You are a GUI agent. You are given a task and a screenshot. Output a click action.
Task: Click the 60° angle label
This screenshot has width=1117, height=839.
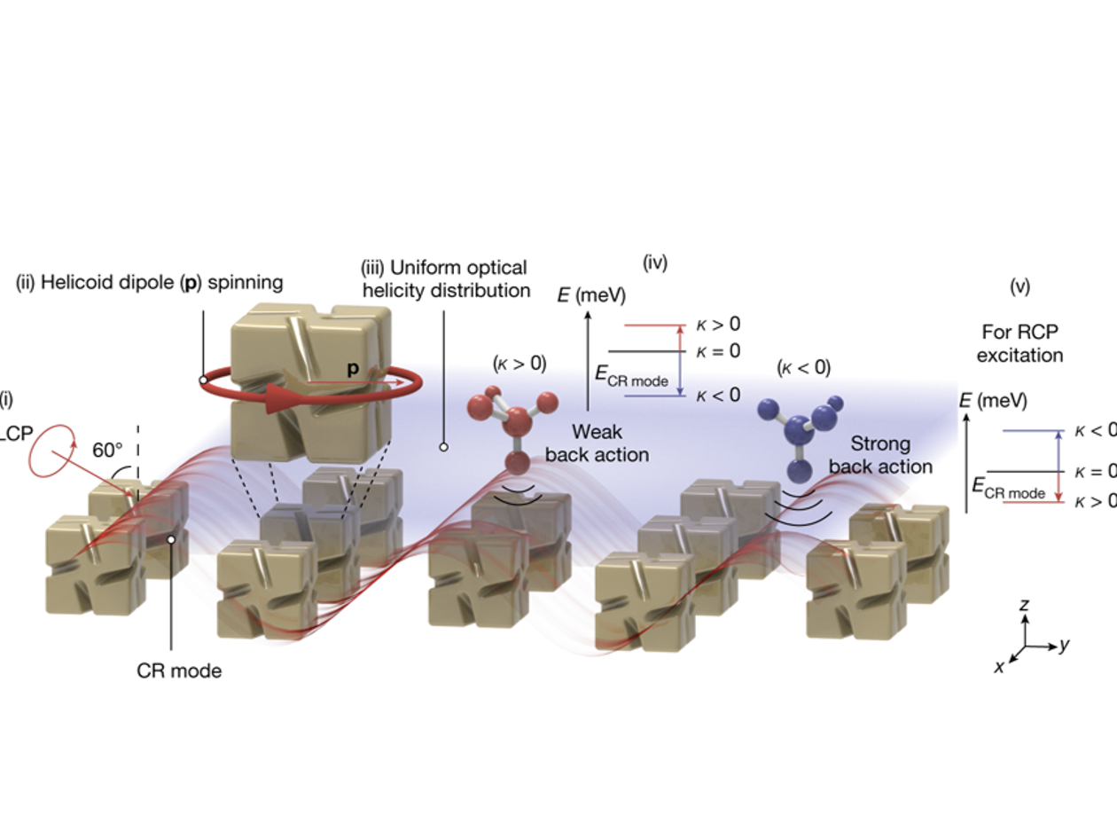pos(108,450)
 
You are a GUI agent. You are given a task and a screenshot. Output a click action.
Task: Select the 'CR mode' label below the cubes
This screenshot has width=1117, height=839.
pos(179,670)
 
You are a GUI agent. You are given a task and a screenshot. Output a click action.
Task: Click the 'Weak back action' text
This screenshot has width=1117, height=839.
pos(597,443)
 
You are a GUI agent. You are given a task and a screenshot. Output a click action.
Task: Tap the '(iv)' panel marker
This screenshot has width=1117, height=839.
pos(654,263)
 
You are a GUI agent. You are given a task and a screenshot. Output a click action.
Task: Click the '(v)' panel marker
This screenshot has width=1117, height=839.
pos(1019,286)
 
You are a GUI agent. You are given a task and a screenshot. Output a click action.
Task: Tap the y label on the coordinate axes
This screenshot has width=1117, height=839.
pos(1064,645)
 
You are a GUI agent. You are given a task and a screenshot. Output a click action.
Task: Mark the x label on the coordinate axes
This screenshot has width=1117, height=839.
pos(999,667)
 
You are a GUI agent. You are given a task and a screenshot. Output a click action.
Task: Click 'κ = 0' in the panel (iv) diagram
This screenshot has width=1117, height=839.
pos(717,350)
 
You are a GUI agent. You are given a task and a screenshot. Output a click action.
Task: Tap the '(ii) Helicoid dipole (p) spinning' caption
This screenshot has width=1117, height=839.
pos(149,282)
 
